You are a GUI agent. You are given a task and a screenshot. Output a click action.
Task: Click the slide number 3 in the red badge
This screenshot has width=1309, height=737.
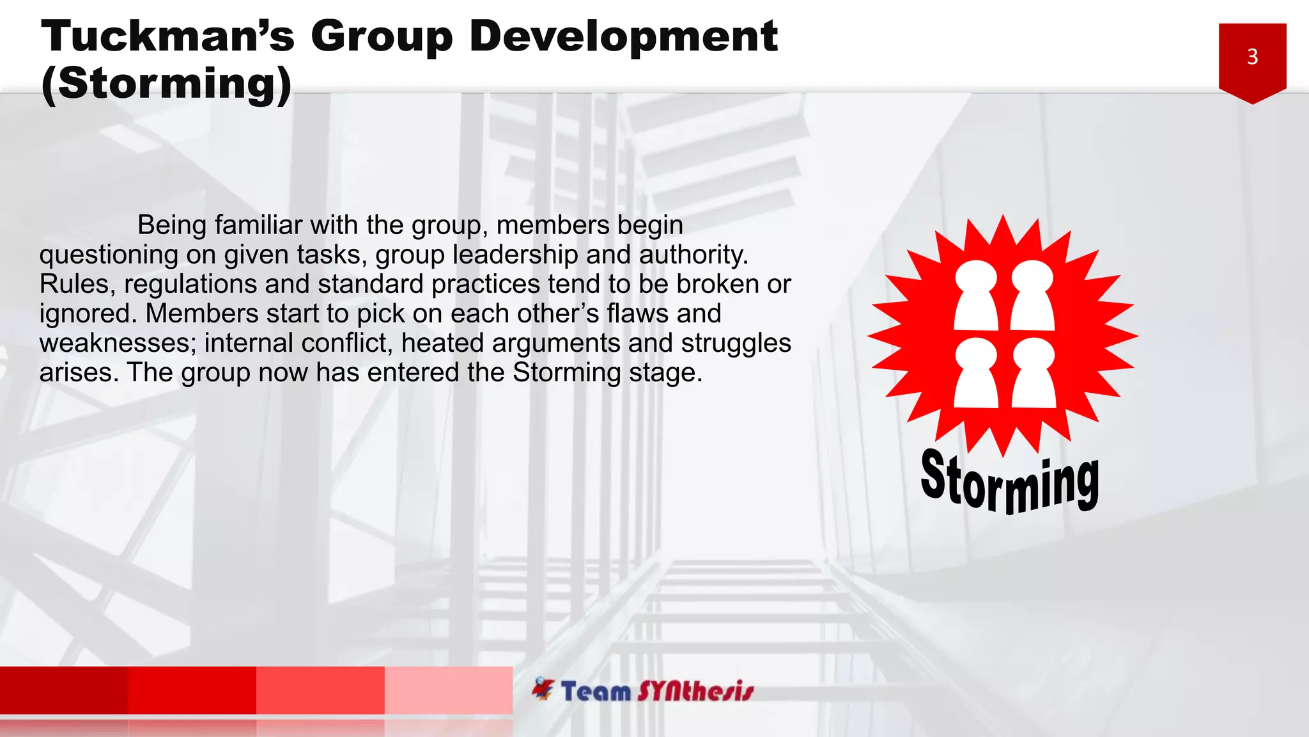pos(1252,57)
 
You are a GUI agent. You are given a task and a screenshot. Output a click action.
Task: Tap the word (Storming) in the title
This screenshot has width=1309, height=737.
pos(166,84)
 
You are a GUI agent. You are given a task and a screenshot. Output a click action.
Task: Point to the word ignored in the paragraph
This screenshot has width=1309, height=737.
pos(88,313)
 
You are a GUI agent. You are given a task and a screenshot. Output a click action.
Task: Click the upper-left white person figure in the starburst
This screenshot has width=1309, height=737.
pos(975,295)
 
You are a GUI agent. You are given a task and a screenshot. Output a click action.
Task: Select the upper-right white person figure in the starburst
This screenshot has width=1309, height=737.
pos(1032,295)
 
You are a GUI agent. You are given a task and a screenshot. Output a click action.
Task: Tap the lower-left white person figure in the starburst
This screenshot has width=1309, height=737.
pos(975,373)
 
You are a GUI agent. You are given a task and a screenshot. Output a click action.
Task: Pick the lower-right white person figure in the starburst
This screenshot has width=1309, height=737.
pos(1033,373)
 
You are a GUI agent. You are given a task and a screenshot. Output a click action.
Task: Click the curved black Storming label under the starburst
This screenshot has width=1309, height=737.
pos(1010,482)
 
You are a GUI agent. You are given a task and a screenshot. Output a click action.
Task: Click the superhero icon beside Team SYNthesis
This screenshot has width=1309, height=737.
pos(543,689)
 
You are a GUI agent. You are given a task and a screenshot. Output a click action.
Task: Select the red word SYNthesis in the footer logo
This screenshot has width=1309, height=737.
pos(695,692)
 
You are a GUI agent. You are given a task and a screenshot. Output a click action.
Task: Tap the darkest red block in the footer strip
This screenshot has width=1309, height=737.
pos(64,690)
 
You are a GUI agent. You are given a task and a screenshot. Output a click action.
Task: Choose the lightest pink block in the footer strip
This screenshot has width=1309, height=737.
pos(448,690)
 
